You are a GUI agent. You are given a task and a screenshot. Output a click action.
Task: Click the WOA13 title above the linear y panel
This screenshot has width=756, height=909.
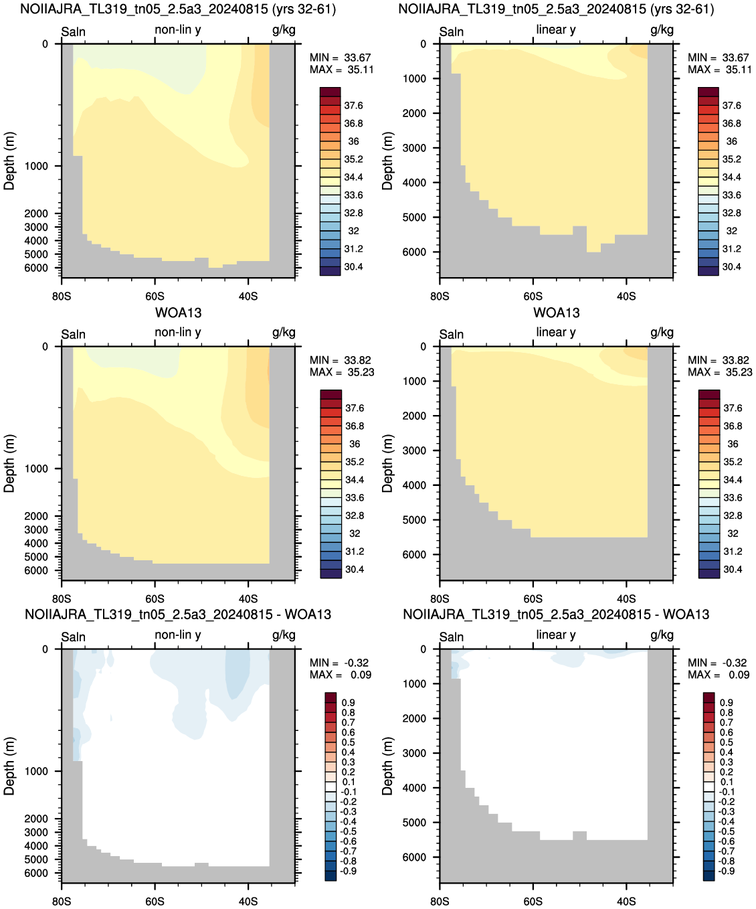[556, 313]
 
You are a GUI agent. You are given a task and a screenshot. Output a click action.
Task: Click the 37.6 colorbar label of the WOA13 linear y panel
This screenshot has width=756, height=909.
[733, 408]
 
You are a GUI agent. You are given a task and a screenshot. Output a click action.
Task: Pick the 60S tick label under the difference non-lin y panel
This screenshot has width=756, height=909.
[155, 901]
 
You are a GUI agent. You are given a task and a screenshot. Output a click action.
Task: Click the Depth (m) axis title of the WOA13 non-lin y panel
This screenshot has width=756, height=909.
[9, 463]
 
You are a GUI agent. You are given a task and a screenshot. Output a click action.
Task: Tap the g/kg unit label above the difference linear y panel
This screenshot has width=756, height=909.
[662, 635]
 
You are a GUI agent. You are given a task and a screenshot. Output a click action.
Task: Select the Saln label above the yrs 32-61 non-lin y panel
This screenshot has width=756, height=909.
[73, 31]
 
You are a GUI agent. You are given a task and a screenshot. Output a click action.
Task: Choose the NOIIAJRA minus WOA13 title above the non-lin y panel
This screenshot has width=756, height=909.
[177, 614]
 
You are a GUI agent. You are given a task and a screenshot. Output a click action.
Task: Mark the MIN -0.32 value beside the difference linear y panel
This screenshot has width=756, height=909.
[718, 663]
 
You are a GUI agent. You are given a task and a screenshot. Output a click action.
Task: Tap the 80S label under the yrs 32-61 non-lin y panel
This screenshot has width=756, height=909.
[62, 296]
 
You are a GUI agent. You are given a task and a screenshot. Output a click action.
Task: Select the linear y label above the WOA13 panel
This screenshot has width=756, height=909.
[556, 332]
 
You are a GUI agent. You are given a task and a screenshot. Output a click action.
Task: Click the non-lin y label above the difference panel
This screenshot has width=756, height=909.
[177, 635]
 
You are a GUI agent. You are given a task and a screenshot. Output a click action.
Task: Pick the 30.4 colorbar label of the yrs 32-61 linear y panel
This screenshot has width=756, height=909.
[731, 266]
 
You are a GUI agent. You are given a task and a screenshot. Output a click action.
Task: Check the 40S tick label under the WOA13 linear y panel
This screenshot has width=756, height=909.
[626, 598]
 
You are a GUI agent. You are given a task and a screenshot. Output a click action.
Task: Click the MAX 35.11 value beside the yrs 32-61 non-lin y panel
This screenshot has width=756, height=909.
[342, 70]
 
